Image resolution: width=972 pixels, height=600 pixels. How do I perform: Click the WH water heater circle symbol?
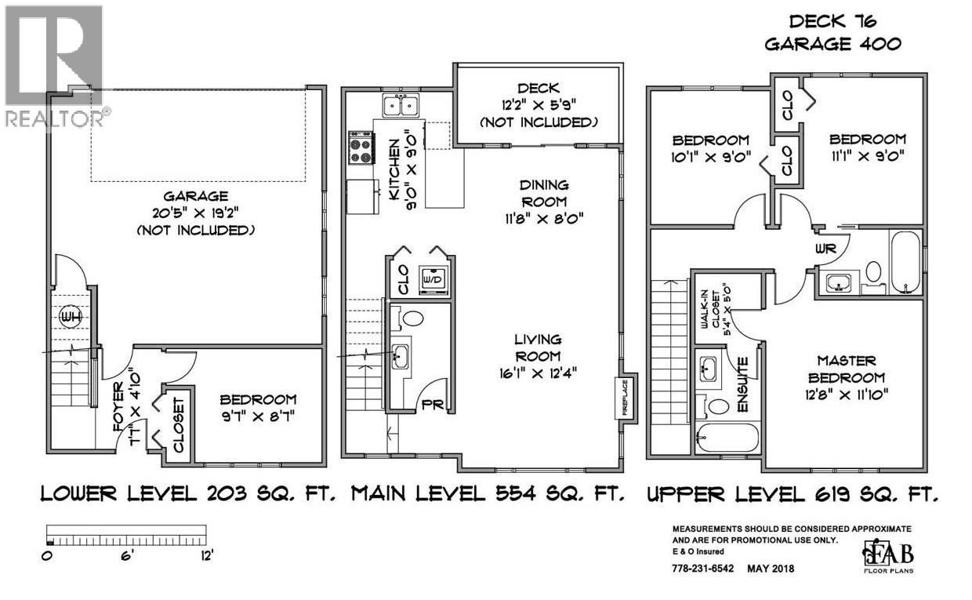[71, 318]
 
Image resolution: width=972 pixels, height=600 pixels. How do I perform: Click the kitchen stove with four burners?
[361, 147]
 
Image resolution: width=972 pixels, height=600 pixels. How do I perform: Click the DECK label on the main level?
[538, 89]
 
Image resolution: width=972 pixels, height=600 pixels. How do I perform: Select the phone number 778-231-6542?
[704, 569]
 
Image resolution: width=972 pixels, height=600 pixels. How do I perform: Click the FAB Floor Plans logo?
[886, 555]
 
